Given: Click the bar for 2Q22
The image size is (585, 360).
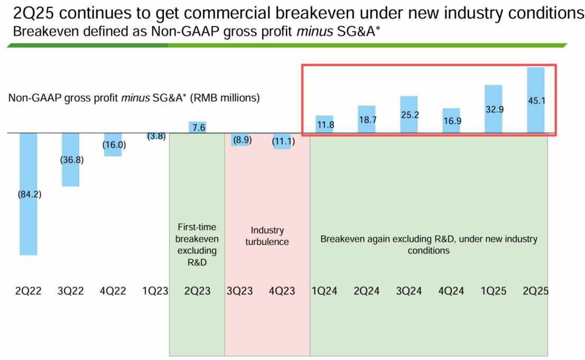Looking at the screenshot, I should click(x=28, y=222).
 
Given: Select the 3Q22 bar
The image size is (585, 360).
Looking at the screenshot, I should click(x=70, y=174).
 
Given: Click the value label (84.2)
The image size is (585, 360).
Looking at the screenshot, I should click(x=30, y=194).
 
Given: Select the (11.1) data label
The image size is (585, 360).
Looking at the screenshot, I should click(x=284, y=141).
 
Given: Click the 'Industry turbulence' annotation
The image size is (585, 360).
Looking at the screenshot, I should click(x=267, y=236).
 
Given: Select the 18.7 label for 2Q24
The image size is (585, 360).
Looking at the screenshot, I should click(x=367, y=120).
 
